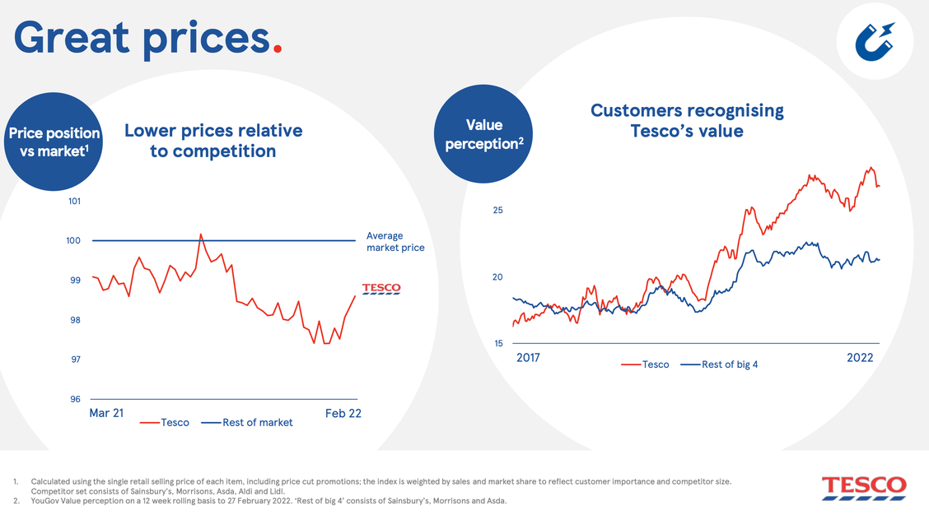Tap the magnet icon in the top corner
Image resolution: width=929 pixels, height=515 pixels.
tap(875, 42)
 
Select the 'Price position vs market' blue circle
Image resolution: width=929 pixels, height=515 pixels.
tap(54, 142)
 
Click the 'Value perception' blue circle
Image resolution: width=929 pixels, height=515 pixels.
tap(483, 134)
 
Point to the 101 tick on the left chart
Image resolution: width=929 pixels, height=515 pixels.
tap(74, 202)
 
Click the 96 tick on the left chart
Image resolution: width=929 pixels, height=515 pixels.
tap(75, 399)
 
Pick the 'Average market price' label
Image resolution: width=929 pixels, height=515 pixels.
tap(395, 242)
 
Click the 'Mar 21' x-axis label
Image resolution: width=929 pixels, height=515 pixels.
tap(106, 413)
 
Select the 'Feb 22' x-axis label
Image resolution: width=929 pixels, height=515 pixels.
tap(343, 413)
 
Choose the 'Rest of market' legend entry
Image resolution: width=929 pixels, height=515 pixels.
tap(247, 423)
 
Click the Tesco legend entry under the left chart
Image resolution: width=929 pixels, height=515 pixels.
tap(165, 423)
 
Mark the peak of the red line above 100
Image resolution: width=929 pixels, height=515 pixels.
tap(201, 234)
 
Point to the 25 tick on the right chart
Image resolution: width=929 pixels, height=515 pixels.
tap(497, 210)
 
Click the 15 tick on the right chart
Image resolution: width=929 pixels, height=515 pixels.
tap(498, 343)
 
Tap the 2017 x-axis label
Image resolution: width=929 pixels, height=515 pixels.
tap(528, 358)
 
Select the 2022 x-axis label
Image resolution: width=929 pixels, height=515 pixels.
tap(860, 358)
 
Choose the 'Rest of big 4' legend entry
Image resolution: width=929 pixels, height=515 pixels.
tap(719, 364)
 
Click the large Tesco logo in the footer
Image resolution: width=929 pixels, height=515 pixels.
tap(864, 488)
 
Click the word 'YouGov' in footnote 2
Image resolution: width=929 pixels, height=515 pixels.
tap(44, 501)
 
